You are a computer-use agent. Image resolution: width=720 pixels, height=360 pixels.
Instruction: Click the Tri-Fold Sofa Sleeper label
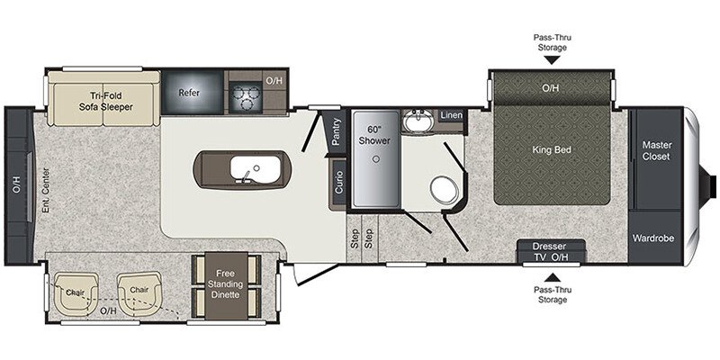coord(111,100)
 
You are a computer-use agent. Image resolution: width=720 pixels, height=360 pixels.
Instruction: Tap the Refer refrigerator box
coord(188,93)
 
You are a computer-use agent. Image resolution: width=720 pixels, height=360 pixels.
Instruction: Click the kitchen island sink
coord(243,169)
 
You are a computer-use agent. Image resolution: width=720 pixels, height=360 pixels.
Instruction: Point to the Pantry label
coord(337,132)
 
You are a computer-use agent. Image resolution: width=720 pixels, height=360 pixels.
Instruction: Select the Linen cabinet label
coord(451,115)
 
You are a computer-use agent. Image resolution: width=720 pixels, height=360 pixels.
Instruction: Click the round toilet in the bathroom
coord(442,190)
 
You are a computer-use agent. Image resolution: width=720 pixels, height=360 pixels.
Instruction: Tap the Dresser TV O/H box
coord(551,252)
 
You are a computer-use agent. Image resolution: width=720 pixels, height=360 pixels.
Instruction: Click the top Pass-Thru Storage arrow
coord(551,60)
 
